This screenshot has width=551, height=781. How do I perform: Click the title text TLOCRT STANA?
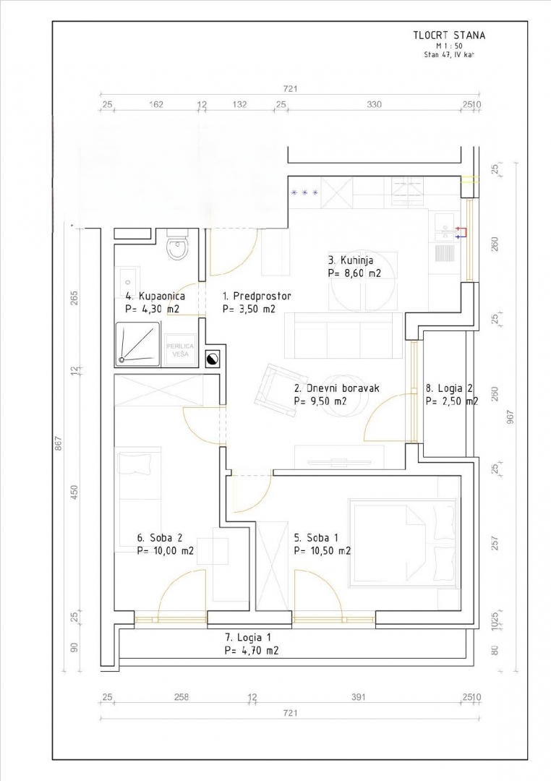pyautogui.click(x=449, y=34)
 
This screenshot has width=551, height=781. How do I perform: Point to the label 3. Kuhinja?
pyautogui.click(x=352, y=260)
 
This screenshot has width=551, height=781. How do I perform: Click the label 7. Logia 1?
pyautogui.click(x=248, y=637)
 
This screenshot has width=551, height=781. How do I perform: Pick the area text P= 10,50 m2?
pyautogui.click(x=322, y=550)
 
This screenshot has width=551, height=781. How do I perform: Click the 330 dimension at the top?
pyautogui.click(x=374, y=105)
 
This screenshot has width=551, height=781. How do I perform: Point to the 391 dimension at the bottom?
pyautogui.click(x=359, y=697)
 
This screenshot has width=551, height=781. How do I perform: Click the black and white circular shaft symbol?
pyautogui.click(x=213, y=359)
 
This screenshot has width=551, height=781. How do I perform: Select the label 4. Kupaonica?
pyautogui.click(x=155, y=296)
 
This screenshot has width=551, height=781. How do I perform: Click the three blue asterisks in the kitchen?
pyautogui.click(x=304, y=193)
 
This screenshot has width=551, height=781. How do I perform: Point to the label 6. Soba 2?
pyautogui.click(x=161, y=538)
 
